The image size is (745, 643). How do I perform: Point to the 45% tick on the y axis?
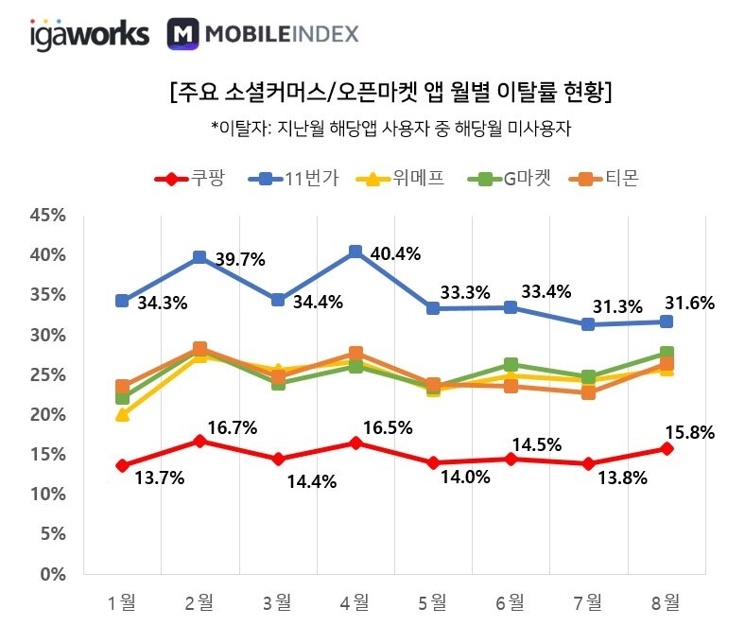(x=48, y=216)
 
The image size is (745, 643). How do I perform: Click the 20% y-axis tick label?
(x=48, y=414)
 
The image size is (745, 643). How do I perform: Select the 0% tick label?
(x=53, y=574)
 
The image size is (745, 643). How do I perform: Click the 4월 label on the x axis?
(x=355, y=601)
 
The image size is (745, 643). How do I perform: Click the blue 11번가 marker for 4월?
(x=355, y=252)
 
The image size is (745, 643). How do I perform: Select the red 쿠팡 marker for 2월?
(x=199, y=441)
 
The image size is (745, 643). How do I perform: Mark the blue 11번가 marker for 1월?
(x=122, y=301)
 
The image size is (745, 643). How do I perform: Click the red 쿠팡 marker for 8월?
(x=666, y=448)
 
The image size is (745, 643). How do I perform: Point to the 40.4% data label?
(x=396, y=253)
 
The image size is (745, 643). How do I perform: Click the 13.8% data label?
(x=623, y=478)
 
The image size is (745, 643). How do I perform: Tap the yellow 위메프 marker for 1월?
(x=122, y=414)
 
